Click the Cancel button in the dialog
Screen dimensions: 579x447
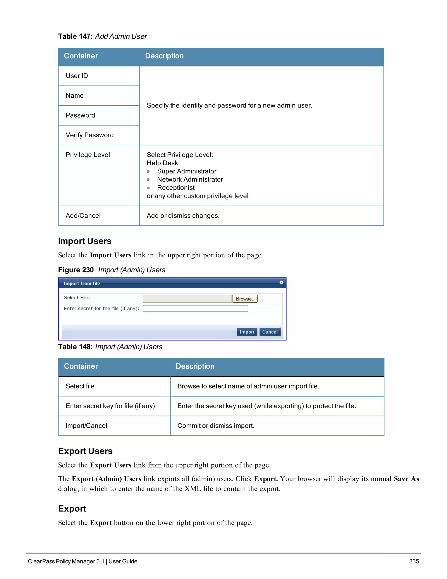click(270, 332)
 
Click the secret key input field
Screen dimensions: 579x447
click(195, 309)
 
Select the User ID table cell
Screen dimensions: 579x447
click(77, 76)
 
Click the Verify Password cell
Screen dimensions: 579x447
click(89, 135)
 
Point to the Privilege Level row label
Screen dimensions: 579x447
click(88, 155)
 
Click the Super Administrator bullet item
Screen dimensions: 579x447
click(186, 171)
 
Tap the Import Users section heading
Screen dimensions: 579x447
click(85, 241)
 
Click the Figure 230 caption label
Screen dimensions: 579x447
click(76, 270)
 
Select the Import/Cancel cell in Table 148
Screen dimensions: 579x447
click(86, 426)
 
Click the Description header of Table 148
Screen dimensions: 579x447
click(195, 366)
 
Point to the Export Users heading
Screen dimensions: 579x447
click(85, 451)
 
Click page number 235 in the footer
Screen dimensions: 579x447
click(414, 561)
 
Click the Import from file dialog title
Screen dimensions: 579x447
click(82, 283)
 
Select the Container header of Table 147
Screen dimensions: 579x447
click(81, 56)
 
